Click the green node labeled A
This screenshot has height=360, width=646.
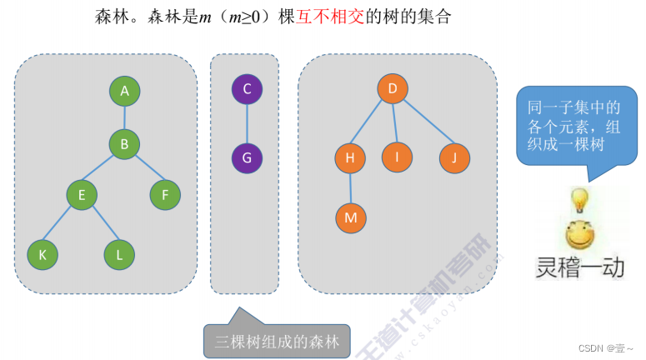coord(124,91)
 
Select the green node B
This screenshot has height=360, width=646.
coord(124,144)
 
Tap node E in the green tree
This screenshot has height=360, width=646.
coord(83,195)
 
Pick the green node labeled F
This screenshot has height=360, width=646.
coord(165,195)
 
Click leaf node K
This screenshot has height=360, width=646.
coord(43,255)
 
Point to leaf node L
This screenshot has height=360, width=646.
coord(120,255)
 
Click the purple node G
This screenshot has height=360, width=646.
coord(247,157)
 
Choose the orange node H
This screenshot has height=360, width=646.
coord(350,157)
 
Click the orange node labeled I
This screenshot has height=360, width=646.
coord(398,157)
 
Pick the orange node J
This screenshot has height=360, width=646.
coord(454,157)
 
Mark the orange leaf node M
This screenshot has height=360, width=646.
coord(350,217)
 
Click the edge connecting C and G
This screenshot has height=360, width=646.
coord(247,122)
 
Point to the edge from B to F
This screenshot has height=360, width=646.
coord(145,170)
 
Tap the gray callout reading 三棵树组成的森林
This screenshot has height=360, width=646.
coord(277,342)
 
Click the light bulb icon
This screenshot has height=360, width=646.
coord(578,200)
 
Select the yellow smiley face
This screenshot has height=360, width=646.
coord(578,234)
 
